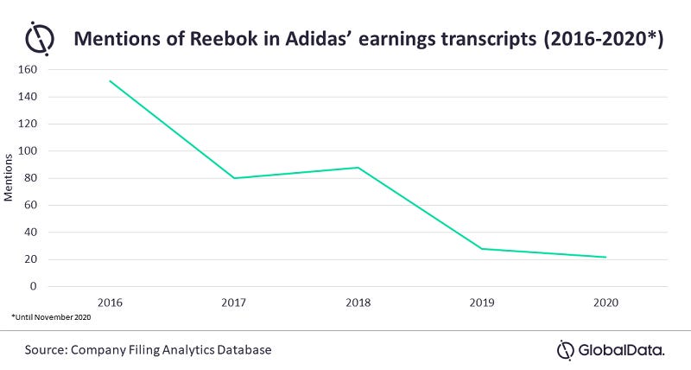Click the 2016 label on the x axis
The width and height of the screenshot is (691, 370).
110,304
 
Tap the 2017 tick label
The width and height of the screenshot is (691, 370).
234,304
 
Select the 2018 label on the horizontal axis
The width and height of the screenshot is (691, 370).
358,304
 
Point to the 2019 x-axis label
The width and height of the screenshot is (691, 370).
481,304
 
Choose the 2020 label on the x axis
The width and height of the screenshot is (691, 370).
605,304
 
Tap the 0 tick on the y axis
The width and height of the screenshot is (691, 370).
35,286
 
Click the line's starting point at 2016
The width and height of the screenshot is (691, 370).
110,81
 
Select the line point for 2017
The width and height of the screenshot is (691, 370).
234,178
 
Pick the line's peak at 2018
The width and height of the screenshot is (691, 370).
358,168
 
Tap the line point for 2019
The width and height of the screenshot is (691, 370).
481,249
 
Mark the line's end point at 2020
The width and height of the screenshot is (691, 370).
605,257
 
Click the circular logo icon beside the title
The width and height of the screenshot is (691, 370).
40,40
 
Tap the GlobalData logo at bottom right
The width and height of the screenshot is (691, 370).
610,349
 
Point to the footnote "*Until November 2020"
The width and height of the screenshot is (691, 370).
49,318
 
